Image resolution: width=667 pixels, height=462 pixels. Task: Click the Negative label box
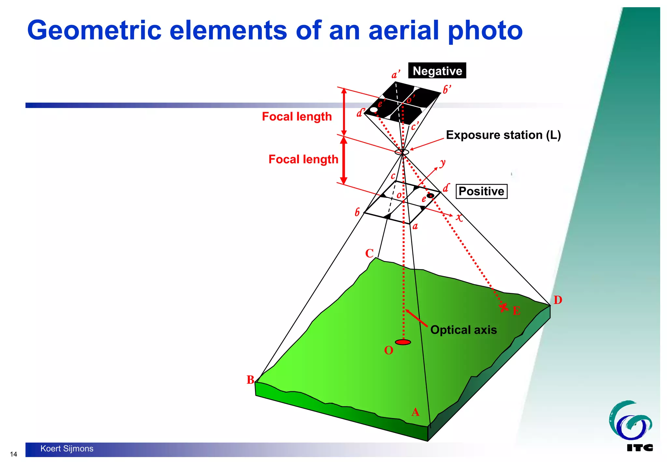437,71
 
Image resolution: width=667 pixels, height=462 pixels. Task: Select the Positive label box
481,191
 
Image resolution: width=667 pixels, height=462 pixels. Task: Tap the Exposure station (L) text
503,135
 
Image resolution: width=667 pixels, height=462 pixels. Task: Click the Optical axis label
463,330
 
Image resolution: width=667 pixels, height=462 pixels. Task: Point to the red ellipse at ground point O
403,342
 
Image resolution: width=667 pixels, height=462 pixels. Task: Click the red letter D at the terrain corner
558,300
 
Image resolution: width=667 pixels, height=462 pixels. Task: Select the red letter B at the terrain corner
250,380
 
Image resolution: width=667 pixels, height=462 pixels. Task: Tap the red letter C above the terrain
369,253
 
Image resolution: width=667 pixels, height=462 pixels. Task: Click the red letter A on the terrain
415,412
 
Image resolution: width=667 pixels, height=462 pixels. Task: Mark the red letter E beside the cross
516,311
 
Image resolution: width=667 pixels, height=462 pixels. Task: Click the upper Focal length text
296,117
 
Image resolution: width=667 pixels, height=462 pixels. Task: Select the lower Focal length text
303,159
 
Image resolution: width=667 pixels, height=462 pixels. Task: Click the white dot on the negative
374,109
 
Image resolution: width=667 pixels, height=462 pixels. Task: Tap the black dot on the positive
430,195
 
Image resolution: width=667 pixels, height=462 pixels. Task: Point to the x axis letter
459,217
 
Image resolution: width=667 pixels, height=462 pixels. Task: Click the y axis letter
442,163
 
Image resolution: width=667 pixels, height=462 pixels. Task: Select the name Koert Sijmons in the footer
67,449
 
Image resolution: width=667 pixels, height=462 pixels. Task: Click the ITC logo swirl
630,420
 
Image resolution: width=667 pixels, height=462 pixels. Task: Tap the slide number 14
13,454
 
